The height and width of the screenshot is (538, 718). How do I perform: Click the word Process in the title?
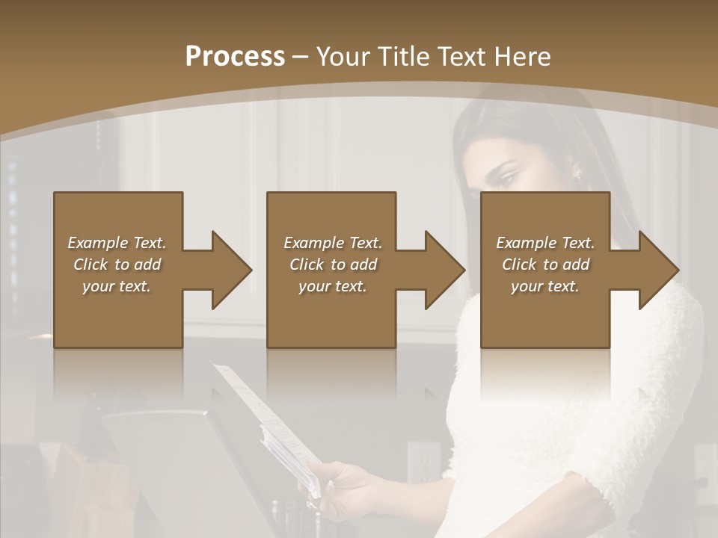235,57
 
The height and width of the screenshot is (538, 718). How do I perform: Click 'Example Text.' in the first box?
117,243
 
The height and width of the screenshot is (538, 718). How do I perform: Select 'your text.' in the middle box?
333,286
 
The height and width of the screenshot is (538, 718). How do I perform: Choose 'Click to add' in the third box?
545,265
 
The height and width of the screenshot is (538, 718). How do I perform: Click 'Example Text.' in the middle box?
333,243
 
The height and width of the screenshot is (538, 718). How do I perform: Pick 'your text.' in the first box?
117,286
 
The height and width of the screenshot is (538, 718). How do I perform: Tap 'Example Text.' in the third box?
545,243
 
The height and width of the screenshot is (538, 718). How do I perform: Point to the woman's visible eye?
509,178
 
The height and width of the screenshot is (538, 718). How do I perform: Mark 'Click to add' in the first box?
117,265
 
